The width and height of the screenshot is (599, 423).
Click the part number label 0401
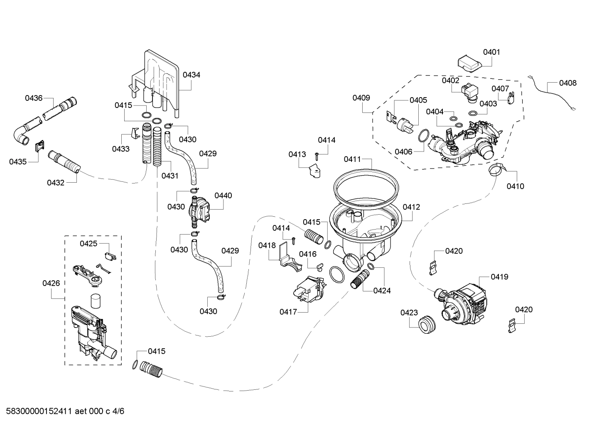[491, 52]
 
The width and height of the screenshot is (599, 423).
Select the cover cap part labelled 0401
[469, 64]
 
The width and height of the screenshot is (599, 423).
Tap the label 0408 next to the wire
[567, 83]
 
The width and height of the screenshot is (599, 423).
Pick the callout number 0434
[191, 75]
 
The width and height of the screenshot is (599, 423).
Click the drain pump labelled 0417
[308, 290]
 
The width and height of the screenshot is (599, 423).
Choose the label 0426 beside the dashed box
[51, 284]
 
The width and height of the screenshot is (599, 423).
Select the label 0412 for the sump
[411, 207]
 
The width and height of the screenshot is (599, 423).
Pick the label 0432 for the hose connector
[55, 182]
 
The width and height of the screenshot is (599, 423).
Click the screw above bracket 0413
[318, 156]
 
